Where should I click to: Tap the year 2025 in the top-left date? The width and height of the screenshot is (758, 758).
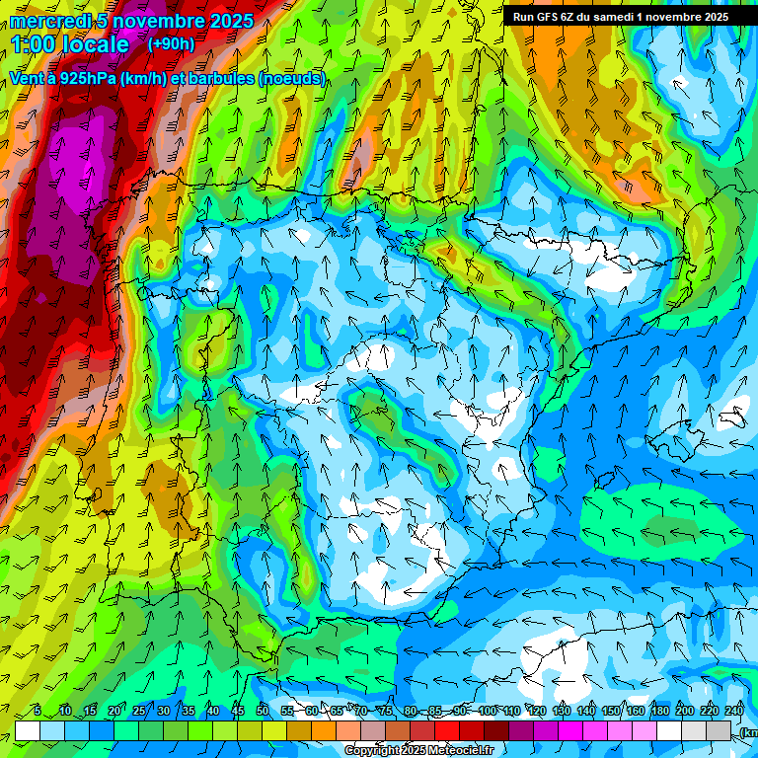[226, 21]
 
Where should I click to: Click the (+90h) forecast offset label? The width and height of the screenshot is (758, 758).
[171, 44]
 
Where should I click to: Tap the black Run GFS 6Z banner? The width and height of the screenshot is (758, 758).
[620, 17]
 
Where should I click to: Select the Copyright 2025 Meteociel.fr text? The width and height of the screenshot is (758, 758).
[417, 751]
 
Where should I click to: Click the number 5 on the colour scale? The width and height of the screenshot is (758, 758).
[38, 712]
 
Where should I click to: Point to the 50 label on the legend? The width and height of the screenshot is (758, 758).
[263, 712]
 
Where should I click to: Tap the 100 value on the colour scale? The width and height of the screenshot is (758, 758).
[487, 712]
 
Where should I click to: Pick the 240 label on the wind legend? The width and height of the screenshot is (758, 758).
[734, 712]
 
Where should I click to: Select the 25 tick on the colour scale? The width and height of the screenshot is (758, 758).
[138, 712]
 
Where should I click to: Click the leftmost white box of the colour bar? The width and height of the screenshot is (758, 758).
[28, 729]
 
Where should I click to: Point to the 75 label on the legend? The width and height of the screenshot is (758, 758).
[386, 712]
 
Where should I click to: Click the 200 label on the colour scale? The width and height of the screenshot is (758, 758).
[684, 712]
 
